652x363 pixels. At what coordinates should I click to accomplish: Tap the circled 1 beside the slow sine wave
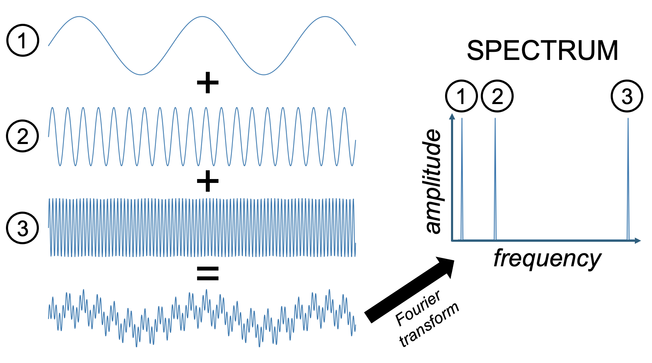(22, 40)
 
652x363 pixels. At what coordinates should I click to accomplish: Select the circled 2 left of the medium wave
(22, 136)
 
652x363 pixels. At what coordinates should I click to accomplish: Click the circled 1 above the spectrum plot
(462, 96)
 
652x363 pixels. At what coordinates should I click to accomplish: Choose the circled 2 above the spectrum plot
(497, 96)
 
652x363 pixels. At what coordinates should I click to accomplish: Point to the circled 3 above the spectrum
(627, 96)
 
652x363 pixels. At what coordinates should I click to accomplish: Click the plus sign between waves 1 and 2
(208, 83)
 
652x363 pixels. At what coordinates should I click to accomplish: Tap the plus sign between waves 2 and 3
(208, 181)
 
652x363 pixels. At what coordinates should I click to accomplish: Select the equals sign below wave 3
(208, 274)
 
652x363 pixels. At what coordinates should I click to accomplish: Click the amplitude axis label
(433, 181)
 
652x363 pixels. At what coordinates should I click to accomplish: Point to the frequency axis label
(547, 259)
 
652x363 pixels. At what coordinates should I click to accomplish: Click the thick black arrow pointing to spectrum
(410, 289)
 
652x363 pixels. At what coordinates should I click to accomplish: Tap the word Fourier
(418, 308)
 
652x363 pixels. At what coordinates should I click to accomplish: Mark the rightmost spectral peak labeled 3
(628, 179)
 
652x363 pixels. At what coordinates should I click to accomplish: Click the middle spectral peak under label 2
(495, 179)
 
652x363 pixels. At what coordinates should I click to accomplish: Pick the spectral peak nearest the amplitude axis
(462, 179)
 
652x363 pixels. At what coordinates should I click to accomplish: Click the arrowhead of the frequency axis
(638, 241)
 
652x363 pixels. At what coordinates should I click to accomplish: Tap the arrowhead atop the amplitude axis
(452, 117)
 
